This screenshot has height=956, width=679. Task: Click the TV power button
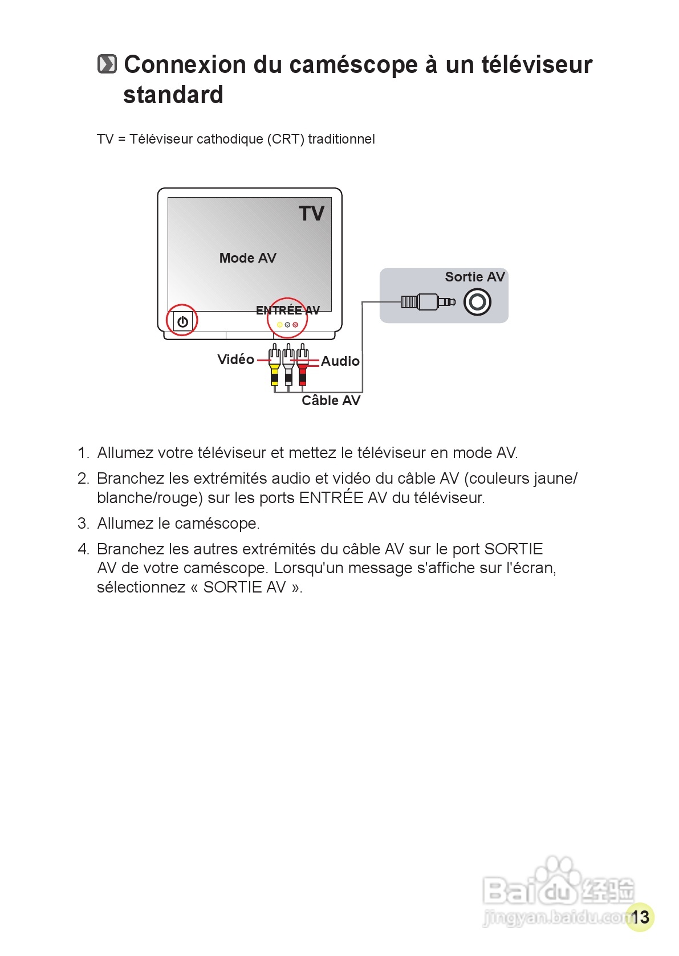coord(182,321)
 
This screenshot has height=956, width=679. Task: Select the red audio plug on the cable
coord(302,367)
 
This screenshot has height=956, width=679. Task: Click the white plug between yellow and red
coord(288,367)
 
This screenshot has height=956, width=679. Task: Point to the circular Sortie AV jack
coord(477,302)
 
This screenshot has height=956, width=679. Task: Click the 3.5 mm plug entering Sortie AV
coord(428,301)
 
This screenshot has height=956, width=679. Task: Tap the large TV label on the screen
coord(311,214)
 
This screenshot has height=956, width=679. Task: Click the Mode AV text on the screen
coord(247,258)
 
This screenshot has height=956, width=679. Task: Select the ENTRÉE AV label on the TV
coord(287,311)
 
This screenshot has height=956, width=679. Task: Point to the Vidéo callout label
coord(235,359)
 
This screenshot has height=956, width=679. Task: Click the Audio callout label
coord(340,361)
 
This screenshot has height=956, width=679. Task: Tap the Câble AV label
coord(331,401)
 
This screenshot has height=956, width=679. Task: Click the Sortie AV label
coord(474,277)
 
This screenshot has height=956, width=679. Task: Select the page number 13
coord(640,917)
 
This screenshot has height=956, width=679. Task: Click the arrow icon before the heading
coord(107,64)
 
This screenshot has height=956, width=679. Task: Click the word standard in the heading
coord(173,95)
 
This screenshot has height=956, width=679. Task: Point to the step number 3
coord(83,523)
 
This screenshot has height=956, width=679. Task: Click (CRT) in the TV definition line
coord(286,139)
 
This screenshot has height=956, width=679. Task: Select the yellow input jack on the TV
coord(279,325)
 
